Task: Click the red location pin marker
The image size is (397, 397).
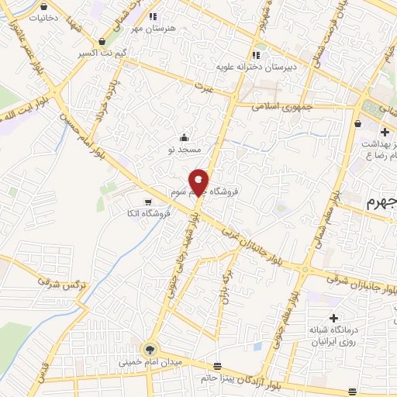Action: coord(199,182)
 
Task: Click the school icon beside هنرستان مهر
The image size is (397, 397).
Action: coord(152,16)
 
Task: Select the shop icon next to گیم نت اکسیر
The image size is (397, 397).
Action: coord(103,42)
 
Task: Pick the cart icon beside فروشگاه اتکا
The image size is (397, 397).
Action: coord(137,202)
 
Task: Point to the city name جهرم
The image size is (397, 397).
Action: coord(381,204)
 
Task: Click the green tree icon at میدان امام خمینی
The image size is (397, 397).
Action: coord(149,349)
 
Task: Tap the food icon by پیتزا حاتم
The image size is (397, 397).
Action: coord(217,365)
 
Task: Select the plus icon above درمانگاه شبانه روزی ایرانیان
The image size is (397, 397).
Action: coord(333,318)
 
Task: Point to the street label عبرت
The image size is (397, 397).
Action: coord(204,85)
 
